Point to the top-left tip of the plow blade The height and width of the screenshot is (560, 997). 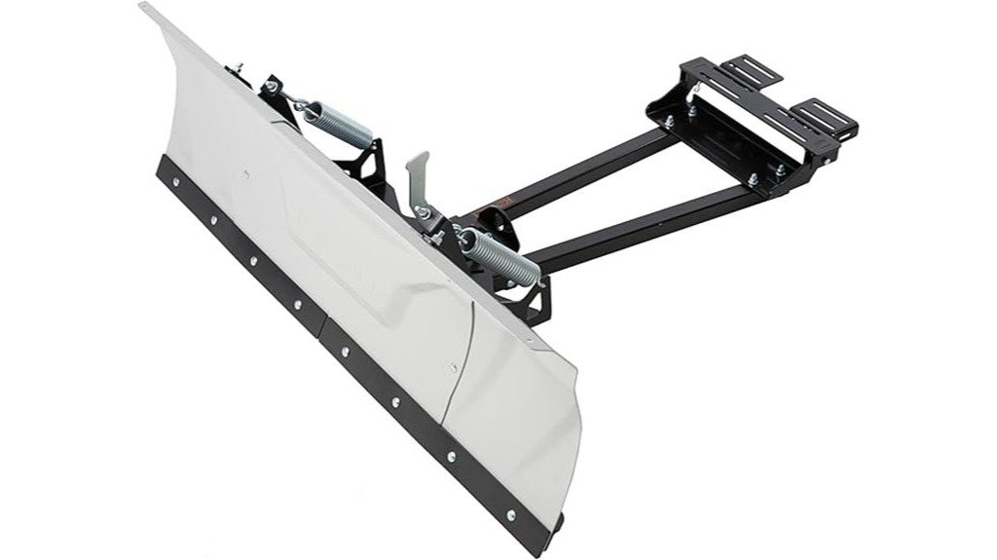tap(146, 8)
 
